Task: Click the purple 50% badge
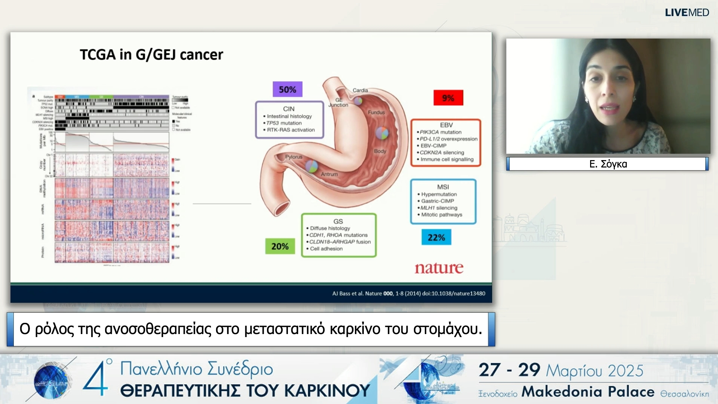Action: click(x=287, y=89)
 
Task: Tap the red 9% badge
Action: click(x=448, y=98)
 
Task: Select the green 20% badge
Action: click(x=280, y=247)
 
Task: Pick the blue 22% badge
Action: click(x=436, y=238)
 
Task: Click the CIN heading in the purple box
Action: click(x=289, y=109)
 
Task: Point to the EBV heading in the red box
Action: click(x=446, y=125)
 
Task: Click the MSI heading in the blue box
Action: click(x=443, y=187)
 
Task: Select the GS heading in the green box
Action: click(x=338, y=221)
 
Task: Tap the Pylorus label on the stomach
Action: click(x=294, y=157)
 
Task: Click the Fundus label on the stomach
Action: click(x=376, y=112)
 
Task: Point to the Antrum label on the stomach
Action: click(x=329, y=174)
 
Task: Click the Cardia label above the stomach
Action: click(x=360, y=90)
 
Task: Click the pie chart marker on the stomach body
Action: click(x=382, y=133)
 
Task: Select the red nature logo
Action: click(x=439, y=268)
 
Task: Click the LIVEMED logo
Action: click(x=687, y=12)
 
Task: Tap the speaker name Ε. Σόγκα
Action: click(x=608, y=164)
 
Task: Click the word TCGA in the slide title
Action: click(x=98, y=55)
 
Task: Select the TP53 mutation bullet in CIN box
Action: click(x=284, y=123)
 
